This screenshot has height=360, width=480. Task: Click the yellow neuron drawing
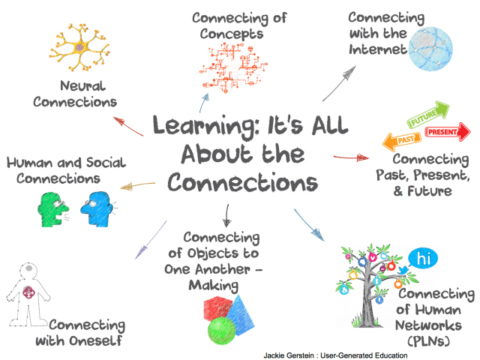coord(79,47)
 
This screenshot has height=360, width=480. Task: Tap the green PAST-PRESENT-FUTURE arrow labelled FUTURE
coord(428,114)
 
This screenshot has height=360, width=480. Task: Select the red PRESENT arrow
coord(448,132)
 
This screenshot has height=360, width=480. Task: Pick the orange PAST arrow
coord(402,142)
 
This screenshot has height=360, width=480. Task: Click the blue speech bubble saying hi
coord(424,259)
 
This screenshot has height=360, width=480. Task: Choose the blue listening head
coord(96,209)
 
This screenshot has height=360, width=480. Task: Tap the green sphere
coord(221,331)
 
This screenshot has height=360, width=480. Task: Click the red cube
coord(218,308)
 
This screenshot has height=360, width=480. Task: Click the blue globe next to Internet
coord(430,49)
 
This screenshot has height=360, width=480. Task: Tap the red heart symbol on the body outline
coord(28,292)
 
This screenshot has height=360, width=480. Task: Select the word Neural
coord(82,86)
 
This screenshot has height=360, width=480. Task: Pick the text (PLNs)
coord(428,340)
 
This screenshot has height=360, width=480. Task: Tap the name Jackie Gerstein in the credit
coord(289,355)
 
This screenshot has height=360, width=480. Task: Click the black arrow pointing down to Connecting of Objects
coord(226,215)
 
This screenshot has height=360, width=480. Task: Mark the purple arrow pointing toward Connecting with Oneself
coord(151,240)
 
